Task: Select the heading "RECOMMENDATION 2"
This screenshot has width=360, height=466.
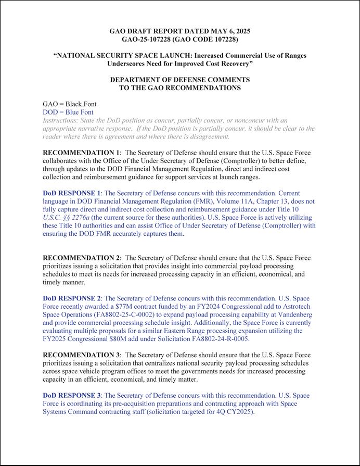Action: coord(81,258)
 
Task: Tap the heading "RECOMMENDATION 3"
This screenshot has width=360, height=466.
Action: coord(81,355)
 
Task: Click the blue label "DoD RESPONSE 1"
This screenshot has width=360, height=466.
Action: coord(72,193)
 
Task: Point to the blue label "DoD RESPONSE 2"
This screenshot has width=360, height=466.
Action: coord(72,298)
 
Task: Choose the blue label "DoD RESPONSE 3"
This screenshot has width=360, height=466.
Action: coord(72,396)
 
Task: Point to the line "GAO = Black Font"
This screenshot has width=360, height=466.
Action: coord(69,104)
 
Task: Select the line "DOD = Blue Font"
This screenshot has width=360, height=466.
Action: coord(68,112)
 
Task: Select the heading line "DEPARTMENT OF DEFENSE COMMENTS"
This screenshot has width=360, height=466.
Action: coord(179,80)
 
